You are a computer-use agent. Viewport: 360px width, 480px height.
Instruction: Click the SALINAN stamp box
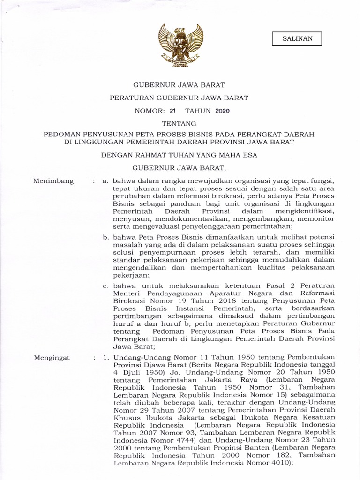[x=297, y=38]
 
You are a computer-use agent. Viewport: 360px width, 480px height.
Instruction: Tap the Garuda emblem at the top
[x=180, y=46]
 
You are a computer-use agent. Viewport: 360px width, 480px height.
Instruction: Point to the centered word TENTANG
[x=180, y=124]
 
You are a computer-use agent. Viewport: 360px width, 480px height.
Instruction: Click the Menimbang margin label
[x=54, y=181]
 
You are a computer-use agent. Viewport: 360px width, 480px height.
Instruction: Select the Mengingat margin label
[x=52, y=358]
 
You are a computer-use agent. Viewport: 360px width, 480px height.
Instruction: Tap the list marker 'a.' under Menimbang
[x=107, y=181]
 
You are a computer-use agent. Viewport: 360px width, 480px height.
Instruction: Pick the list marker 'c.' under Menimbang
[x=106, y=285]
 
